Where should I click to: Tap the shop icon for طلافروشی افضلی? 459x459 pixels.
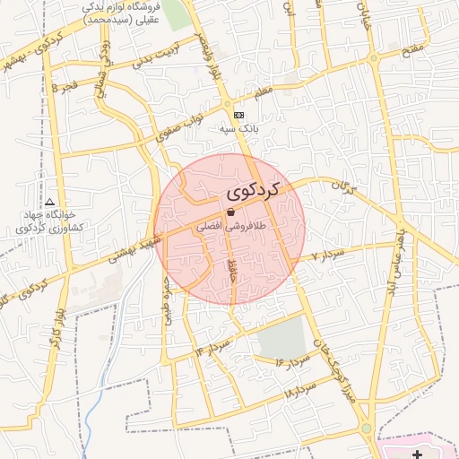click(231, 212)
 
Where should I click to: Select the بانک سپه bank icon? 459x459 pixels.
click(238, 116)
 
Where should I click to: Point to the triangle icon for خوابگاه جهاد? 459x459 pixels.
click(49, 203)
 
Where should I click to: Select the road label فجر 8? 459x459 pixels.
click(68, 88)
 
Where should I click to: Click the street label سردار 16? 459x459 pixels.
click(293, 360)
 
